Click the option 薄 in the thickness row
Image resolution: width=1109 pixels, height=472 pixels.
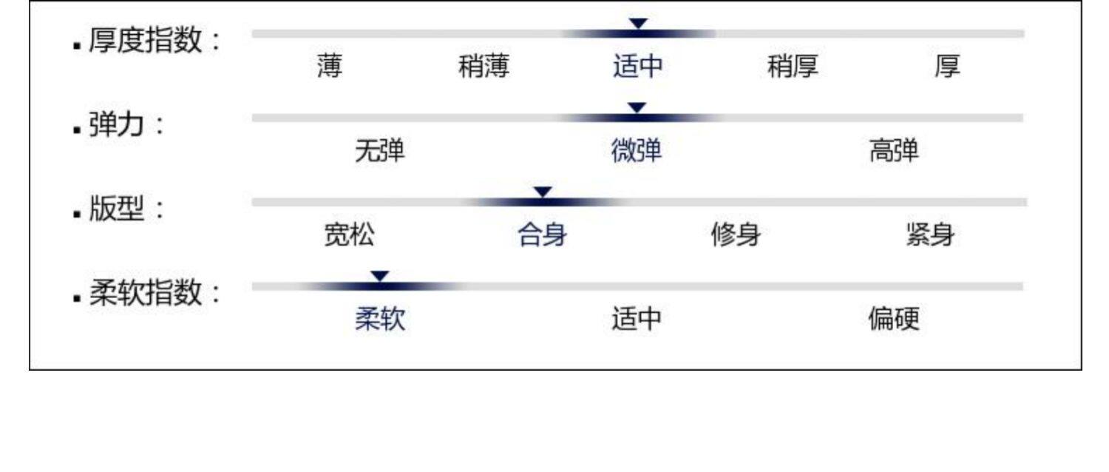tap(329, 67)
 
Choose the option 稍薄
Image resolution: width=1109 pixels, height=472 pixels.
tap(484, 67)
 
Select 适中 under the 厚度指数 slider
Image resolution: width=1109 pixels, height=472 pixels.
tap(637, 67)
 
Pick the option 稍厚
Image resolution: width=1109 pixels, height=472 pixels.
tap(793, 67)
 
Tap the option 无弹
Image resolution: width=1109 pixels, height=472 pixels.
tap(380, 152)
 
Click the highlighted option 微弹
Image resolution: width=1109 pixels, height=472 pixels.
tap(637, 152)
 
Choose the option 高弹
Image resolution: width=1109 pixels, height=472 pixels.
tap(894, 152)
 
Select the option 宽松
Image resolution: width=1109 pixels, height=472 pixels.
tap(349, 236)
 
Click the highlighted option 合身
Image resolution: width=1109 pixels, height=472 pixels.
tap(543, 236)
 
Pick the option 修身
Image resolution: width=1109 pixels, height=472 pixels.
tap(736, 236)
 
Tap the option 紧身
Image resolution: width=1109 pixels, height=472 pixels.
tap(930, 236)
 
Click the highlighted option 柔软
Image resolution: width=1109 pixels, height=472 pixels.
tap(380, 320)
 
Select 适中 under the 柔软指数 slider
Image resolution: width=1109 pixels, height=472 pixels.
tap(637, 320)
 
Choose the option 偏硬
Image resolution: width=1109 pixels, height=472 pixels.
tap(894, 320)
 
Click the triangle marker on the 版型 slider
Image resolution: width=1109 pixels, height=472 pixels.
tap(543, 192)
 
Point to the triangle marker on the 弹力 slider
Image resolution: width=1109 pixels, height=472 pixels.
tap(637, 108)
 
